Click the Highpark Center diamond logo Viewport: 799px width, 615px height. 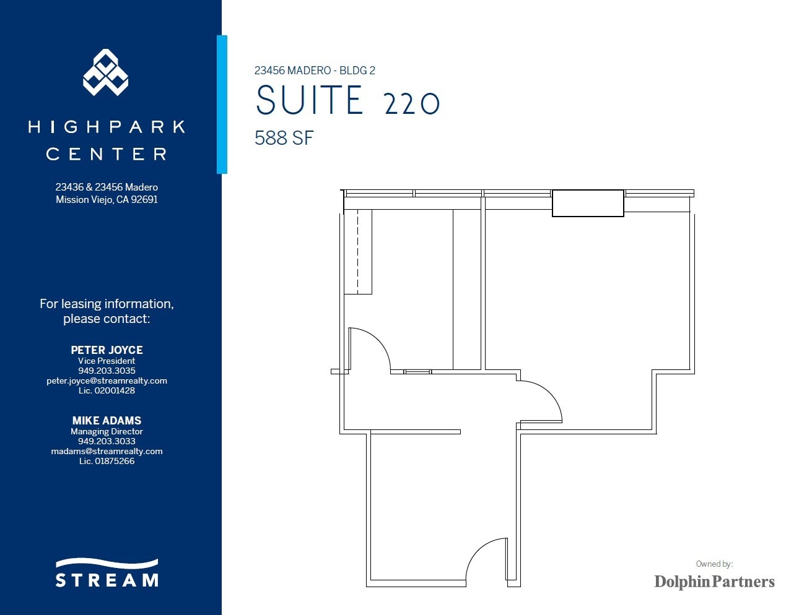click(x=106, y=72)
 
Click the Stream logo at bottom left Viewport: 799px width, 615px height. click(x=107, y=574)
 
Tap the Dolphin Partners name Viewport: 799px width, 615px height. click(x=714, y=582)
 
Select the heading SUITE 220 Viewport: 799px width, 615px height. click(x=347, y=101)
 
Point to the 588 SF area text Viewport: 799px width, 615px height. click(x=284, y=138)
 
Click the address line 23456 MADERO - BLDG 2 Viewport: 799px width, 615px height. click(x=315, y=71)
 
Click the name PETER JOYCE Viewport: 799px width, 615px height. click(x=107, y=350)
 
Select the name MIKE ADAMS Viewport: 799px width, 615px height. click(x=107, y=420)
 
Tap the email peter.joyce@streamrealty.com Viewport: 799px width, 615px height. click(x=107, y=381)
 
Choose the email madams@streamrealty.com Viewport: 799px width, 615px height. click(x=107, y=451)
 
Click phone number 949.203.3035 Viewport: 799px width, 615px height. click(x=107, y=371)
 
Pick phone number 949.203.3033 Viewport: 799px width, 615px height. click(x=107, y=441)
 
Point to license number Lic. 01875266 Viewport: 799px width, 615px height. click(x=107, y=461)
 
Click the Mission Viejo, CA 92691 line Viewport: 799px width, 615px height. click(x=107, y=199)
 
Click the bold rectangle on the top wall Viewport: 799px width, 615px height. click(x=588, y=204)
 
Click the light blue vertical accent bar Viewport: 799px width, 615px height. click(x=222, y=104)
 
